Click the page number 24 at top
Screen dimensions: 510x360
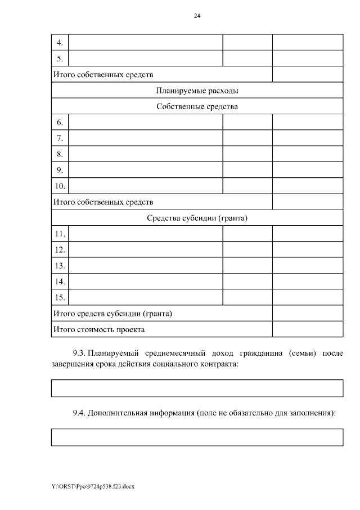(197, 16)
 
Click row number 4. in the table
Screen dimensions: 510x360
(60, 43)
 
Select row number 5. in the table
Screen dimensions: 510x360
(60, 59)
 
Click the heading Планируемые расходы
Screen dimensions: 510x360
(197, 91)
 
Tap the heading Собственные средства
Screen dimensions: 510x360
(197, 106)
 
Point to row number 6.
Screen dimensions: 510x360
(60, 122)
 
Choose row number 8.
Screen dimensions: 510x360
(60, 154)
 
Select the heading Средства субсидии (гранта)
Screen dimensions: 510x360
(197, 218)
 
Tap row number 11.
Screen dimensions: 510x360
(60, 234)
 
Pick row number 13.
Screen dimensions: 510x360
(60, 265)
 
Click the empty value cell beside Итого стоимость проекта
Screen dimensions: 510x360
(308, 329)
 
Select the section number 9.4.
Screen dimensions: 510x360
(79, 413)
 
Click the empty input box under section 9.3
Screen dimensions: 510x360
(197, 388)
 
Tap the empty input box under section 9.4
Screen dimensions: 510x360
(197, 437)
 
